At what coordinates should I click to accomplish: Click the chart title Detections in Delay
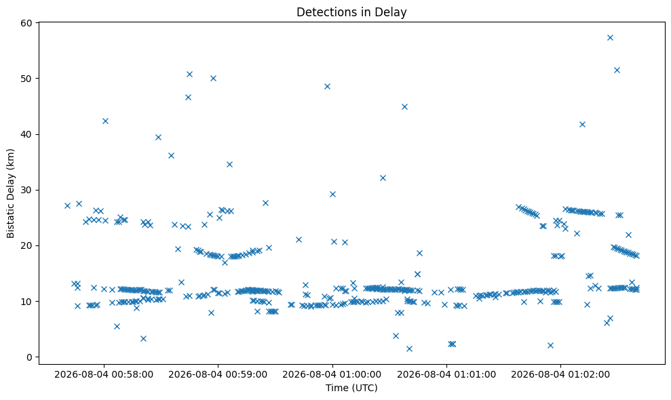click(351, 12)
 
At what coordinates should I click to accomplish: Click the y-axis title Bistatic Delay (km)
click(10, 193)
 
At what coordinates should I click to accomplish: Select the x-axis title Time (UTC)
click(351, 388)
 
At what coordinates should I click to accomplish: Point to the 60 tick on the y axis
click(27, 22)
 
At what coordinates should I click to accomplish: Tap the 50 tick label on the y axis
click(27, 79)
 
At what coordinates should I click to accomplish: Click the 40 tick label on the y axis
click(27, 134)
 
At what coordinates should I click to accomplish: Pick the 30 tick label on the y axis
click(27, 190)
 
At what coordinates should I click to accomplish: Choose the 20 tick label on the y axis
click(27, 245)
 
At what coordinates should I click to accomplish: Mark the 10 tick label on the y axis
click(27, 302)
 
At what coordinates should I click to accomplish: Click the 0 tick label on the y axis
click(30, 357)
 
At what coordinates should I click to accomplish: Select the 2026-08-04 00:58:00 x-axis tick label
click(104, 375)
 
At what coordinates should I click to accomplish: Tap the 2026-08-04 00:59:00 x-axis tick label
click(218, 375)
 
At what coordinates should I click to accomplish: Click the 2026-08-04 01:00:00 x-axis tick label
click(332, 375)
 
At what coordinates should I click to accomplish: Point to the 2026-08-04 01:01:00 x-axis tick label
click(446, 375)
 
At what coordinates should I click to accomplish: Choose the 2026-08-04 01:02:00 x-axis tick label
click(560, 375)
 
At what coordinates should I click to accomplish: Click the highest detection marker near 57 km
click(610, 38)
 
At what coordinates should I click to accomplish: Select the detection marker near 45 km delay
click(404, 106)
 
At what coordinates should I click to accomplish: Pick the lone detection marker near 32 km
click(383, 178)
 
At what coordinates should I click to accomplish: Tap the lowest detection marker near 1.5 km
click(409, 348)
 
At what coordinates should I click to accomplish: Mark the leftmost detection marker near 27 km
click(67, 205)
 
